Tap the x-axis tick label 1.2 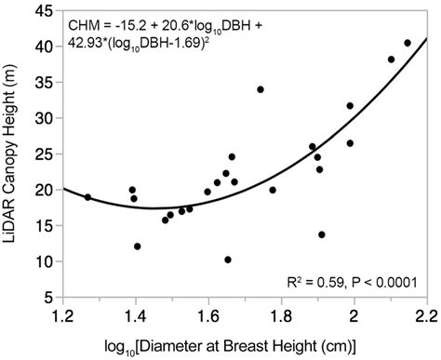coord(62,315)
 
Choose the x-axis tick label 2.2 coord(426,315)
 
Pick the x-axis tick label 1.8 coord(281,315)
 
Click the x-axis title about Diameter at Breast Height coord(245,345)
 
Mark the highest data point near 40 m coord(408,43)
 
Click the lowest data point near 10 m coord(228,260)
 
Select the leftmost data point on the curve coord(87,197)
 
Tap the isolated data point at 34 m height coord(261,89)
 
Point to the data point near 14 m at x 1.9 coord(322,234)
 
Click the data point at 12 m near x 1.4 coord(138,247)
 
